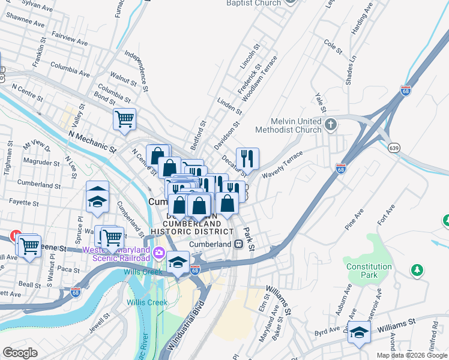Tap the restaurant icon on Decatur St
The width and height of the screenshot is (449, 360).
(x=247, y=158)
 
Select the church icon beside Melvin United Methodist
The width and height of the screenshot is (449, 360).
(x=331, y=125)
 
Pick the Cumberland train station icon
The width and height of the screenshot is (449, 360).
(x=238, y=244)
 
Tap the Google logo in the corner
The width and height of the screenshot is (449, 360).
(x=20, y=353)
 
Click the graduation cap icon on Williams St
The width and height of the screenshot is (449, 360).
(x=358, y=333)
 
